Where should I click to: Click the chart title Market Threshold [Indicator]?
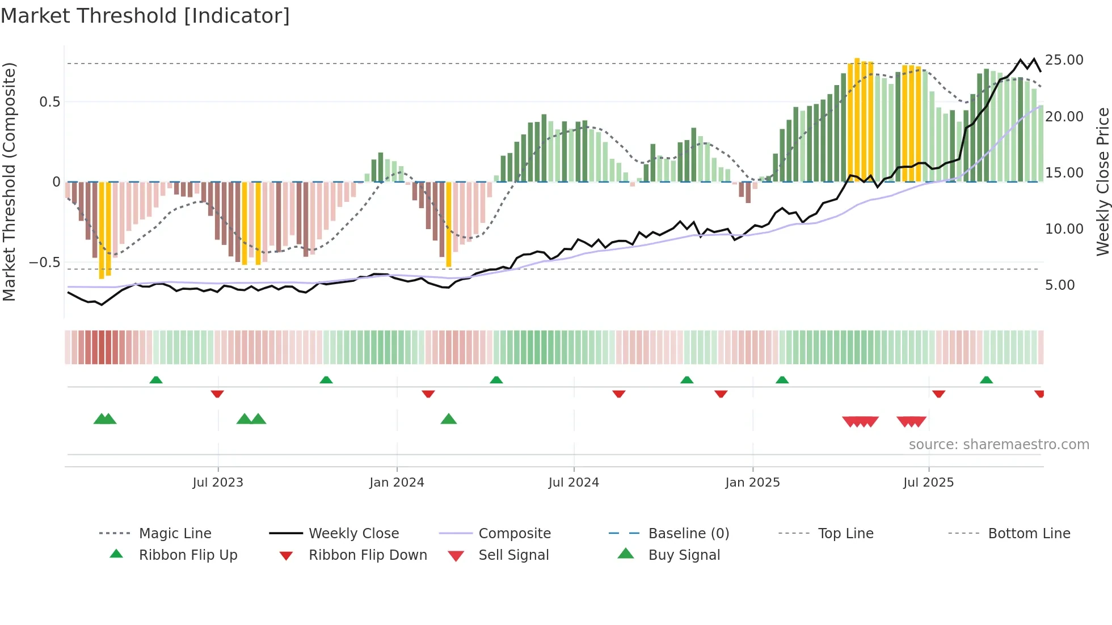(145, 16)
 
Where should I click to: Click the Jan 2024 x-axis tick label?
(397, 483)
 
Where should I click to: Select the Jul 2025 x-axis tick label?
(928, 483)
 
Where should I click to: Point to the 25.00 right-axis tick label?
(1064, 60)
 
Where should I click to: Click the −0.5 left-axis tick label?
(44, 263)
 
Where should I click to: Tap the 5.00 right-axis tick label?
(1060, 285)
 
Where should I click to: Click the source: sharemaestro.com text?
(999, 445)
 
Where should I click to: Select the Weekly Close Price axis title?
(1102, 181)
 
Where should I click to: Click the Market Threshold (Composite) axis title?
(9, 181)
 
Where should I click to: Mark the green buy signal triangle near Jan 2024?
(448, 419)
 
